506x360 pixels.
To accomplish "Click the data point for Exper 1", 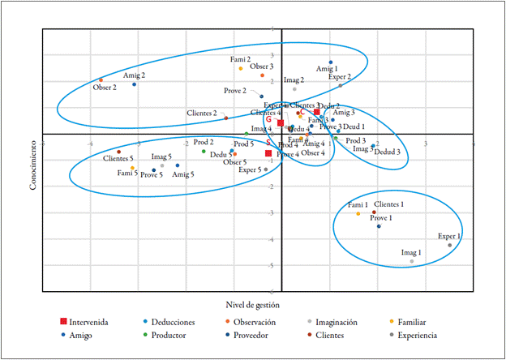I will [450, 245].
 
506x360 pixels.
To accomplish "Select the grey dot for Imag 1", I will [412, 261].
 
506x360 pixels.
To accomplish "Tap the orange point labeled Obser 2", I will [101, 79].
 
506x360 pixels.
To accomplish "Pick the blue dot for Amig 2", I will [135, 84].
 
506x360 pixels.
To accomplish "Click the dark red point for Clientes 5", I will [118, 152].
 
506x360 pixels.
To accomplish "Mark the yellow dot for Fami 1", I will [358, 213].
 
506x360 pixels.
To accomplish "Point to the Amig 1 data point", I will [331, 62].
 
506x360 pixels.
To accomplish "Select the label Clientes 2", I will [202, 114].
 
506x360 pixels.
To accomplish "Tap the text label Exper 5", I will [250, 169].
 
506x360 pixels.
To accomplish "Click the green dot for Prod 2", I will [204, 151].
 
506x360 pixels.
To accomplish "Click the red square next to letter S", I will [268, 152].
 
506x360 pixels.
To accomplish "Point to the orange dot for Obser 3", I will [262, 75].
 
